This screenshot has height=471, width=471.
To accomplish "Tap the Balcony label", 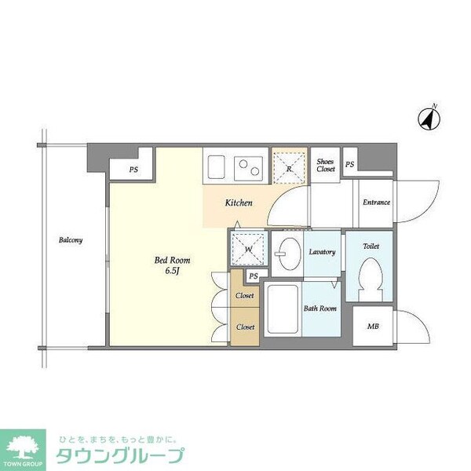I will pos(71,240).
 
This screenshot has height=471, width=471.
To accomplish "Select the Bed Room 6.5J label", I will pos(172,265).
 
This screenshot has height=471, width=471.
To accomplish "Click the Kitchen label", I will pos(239,203).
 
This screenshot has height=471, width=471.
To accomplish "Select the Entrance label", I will pos(376,203).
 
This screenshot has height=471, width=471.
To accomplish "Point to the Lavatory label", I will pos(323,252).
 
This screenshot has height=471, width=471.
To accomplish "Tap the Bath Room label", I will pos(320,309).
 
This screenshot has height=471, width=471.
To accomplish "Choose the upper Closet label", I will pos(245,296).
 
